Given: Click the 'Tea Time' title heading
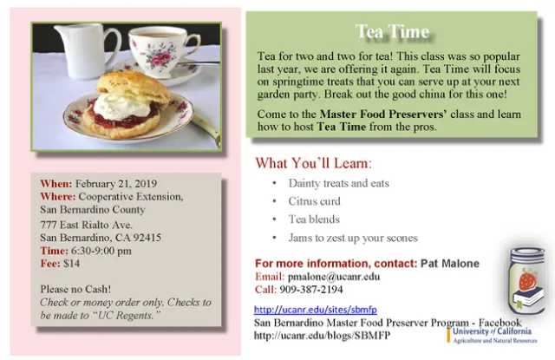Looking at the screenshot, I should click(393, 32).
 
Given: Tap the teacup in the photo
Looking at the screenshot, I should click(161, 50).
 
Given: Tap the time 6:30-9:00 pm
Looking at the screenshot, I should click(100, 251).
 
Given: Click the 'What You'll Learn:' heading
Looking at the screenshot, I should click(313, 163).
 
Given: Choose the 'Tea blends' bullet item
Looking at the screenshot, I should click(320, 219).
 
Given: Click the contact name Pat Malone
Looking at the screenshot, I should click(449, 263).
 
